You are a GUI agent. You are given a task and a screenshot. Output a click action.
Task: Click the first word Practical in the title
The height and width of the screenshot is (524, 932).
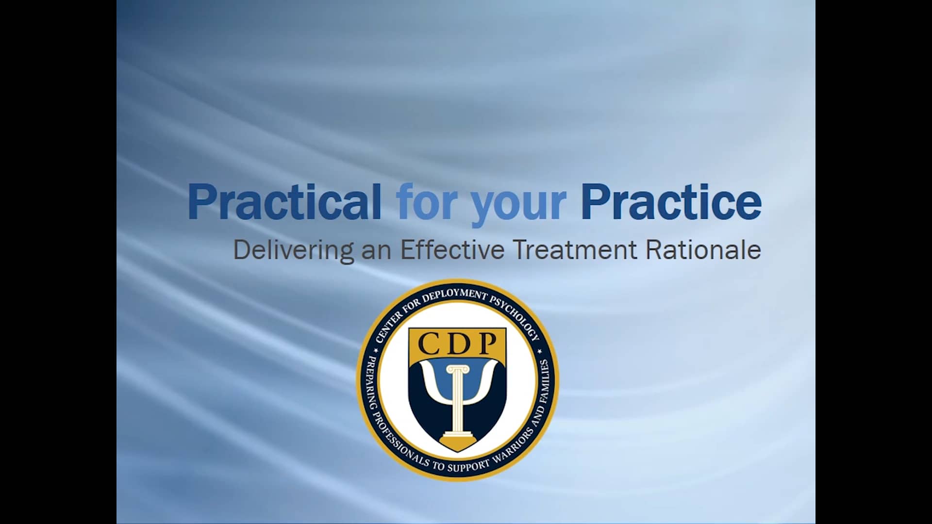[x=284, y=201]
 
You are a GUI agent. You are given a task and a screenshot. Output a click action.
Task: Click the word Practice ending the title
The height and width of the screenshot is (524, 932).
[x=671, y=201]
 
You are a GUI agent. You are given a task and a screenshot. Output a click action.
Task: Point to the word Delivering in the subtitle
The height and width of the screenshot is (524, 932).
[x=293, y=250]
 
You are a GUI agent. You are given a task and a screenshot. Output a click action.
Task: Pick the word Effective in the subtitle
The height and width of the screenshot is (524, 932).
[x=452, y=250]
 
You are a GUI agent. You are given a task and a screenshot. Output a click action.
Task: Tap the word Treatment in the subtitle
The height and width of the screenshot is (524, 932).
[x=575, y=250]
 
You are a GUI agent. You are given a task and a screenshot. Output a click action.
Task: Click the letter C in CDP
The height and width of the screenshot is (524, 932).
[x=430, y=344]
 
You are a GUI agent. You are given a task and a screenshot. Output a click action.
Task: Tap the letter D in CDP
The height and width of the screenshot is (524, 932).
[x=457, y=344]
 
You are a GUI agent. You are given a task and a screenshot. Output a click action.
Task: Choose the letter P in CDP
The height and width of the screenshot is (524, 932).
[x=485, y=344]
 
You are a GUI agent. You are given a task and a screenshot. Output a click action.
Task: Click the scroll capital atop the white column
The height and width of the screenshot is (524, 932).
[x=457, y=370]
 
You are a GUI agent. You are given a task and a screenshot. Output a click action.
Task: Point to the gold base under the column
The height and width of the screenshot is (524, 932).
[x=457, y=442]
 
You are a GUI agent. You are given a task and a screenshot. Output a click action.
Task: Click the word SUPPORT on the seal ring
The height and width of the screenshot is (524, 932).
[x=468, y=467]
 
